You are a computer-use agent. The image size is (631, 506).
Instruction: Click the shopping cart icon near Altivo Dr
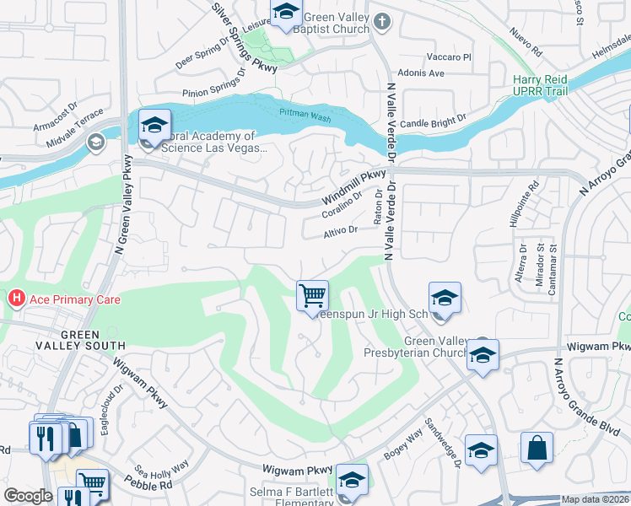[312, 296]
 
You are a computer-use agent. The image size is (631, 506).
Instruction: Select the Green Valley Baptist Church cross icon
[382, 21]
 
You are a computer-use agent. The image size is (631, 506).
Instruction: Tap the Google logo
[28, 496]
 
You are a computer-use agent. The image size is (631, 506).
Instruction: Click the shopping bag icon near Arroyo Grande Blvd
[537, 448]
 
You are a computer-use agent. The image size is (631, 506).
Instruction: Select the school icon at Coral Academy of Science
[155, 126]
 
